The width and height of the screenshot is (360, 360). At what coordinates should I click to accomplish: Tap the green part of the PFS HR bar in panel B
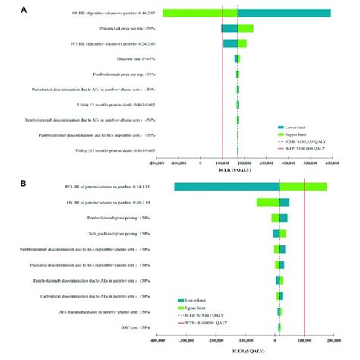[x=303, y=187]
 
